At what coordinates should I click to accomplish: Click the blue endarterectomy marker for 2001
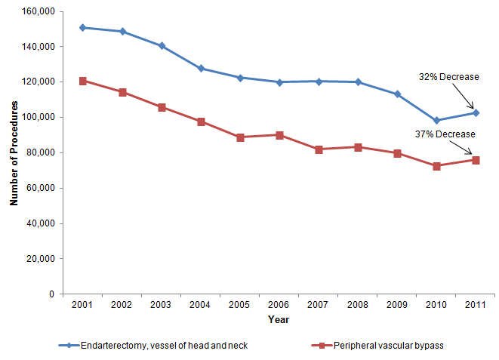82,27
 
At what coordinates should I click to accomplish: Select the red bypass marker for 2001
82,81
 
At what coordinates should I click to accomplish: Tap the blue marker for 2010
436,120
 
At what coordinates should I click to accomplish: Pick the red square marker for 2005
240,137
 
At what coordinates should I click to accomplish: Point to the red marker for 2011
476,160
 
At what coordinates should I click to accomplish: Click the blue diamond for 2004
201,68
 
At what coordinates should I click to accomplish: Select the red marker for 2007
319,149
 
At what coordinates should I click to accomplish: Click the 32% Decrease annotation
449,76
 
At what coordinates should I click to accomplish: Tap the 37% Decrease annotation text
445,134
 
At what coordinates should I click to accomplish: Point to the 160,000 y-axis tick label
35,11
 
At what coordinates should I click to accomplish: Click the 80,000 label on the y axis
38,152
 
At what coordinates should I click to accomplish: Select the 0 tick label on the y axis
49,294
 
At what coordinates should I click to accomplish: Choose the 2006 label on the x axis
279,305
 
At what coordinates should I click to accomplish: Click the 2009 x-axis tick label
397,305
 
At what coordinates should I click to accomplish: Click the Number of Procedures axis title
14,153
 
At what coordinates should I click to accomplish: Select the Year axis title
278,319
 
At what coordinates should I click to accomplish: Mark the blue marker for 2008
358,82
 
